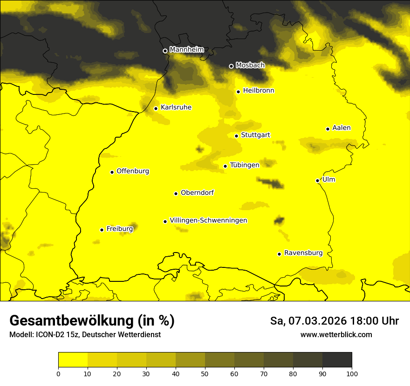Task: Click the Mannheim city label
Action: click(x=186, y=50)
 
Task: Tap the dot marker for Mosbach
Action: click(x=231, y=66)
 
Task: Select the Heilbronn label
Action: click(x=259, y=91)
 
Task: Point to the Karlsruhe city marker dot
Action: click(x=156, y=108)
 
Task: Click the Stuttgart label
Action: click(x=255, y=135)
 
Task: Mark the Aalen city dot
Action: click(x=328, y=129)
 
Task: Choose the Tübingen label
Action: click(x=245, y=165)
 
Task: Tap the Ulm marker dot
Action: click(x=317, y=180)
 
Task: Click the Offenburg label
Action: click(x=133, y=171)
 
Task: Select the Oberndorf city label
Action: click(x=197, y=193)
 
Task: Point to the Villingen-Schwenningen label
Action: click(x=208, y=220)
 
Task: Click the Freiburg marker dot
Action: click(x=102, y=230)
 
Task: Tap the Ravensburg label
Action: click(x=303, y=253)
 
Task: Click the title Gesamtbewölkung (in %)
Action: click(x=92, y=321)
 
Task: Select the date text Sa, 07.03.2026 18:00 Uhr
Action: click(x=335, y=321)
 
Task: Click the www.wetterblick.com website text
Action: click(x=336, y=334)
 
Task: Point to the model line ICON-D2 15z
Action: click(x=85, y=334)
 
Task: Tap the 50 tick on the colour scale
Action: click(x=205, y=373)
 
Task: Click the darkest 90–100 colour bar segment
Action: click(x=337, y=359)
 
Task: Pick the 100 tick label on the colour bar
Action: click(x=352, y=373)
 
